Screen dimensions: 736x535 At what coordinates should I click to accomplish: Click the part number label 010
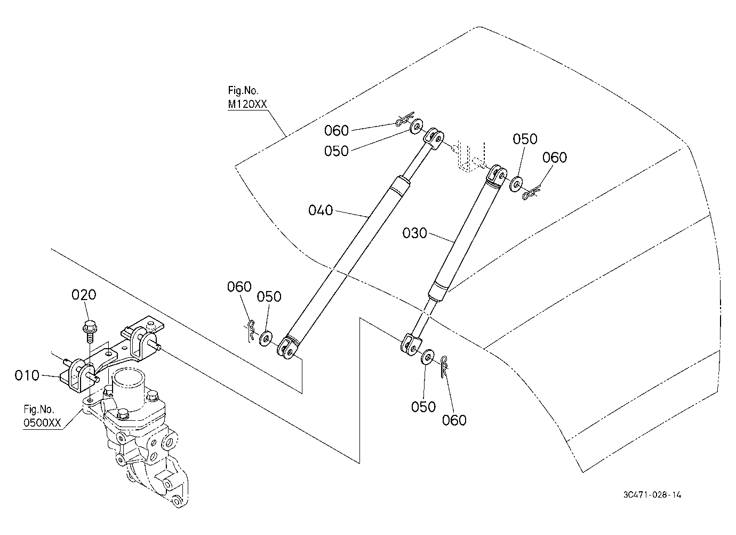click(x=27, y=375)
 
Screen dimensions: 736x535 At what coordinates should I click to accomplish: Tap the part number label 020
click(x=84, y=295)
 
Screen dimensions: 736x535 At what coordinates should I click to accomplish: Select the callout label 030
click(x=414, y=233)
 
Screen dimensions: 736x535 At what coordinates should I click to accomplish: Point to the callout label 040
click(x=321, y=210)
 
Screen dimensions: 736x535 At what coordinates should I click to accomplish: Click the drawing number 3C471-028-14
click(x=652, y=494)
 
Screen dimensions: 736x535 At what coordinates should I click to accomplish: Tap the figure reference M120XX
click(x=247, y=104)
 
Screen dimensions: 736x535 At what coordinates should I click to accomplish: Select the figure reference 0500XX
click(x=42, y=422)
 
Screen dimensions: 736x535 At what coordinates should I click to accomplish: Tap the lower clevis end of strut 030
click(x=411, y=345)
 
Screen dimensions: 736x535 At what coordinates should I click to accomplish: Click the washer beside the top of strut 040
click(x=417, y=127)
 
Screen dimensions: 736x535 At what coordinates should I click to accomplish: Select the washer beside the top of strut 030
click(x=516, y=184)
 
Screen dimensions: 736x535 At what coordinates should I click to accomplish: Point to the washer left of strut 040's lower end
click(x=265, y=339)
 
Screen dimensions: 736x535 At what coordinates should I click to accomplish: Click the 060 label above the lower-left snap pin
click(x=239, y=287)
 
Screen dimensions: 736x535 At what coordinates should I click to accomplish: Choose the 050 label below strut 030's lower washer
click(x=423, y=407)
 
